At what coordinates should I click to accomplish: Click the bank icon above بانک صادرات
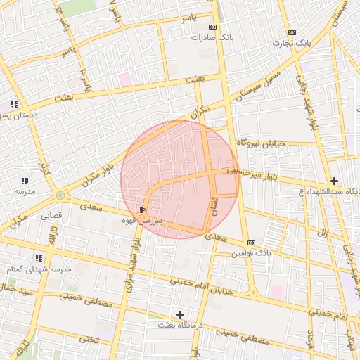204,27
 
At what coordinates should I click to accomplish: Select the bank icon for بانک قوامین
251,243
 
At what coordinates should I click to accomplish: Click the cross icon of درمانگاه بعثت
180,314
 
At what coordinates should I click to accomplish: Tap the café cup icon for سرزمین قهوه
143,210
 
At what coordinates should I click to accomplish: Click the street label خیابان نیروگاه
260,143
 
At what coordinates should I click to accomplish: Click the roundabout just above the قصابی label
60,195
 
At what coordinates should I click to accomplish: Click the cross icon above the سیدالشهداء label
334,181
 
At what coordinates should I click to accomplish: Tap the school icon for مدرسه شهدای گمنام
39,258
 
